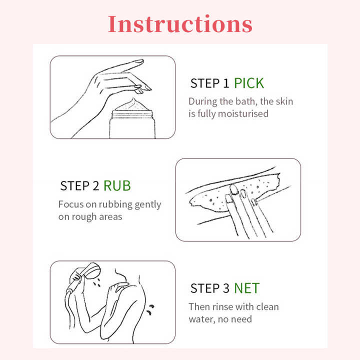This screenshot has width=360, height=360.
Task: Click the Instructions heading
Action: tap(180, 24)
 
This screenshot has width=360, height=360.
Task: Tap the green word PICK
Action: tap(249, 83)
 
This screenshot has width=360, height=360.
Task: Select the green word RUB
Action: tap(117, 185)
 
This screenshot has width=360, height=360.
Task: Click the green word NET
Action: tap(247, 288)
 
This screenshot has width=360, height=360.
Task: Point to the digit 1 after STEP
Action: tap(226, 83)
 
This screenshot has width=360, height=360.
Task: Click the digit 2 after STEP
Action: tap(96, 185)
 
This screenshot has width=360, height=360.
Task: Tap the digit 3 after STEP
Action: tap(226, 288)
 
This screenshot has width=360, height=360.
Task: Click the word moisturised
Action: tap(243, 113)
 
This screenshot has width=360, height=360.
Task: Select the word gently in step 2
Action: tap(148, 205)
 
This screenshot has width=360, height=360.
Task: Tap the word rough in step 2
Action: tap(84, 217)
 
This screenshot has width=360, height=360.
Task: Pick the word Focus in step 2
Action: tap(71, 204)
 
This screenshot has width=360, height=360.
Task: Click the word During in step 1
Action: tap(202, 101)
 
